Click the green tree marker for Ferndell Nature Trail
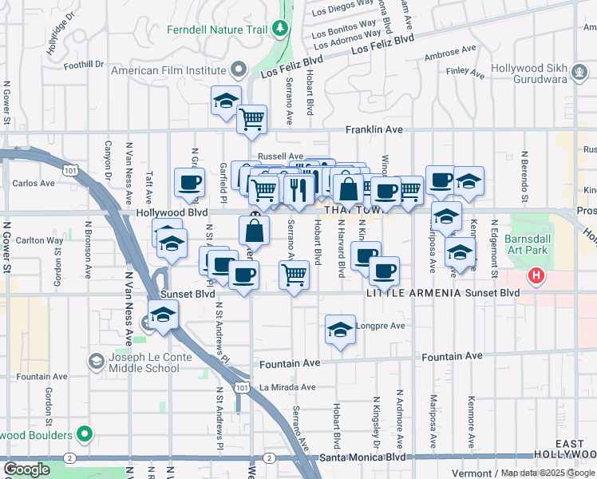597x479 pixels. [279, 30]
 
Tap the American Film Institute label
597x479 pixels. [168, 70]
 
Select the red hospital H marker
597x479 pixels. [536, 277]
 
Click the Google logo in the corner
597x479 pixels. [26, 469]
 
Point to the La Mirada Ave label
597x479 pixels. [287, 387]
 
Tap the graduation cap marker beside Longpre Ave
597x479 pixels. [340, 330]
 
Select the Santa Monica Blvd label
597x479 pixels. [362, 458]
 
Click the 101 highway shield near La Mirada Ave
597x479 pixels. [241, 387]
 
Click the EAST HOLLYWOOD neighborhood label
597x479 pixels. [575, 449]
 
